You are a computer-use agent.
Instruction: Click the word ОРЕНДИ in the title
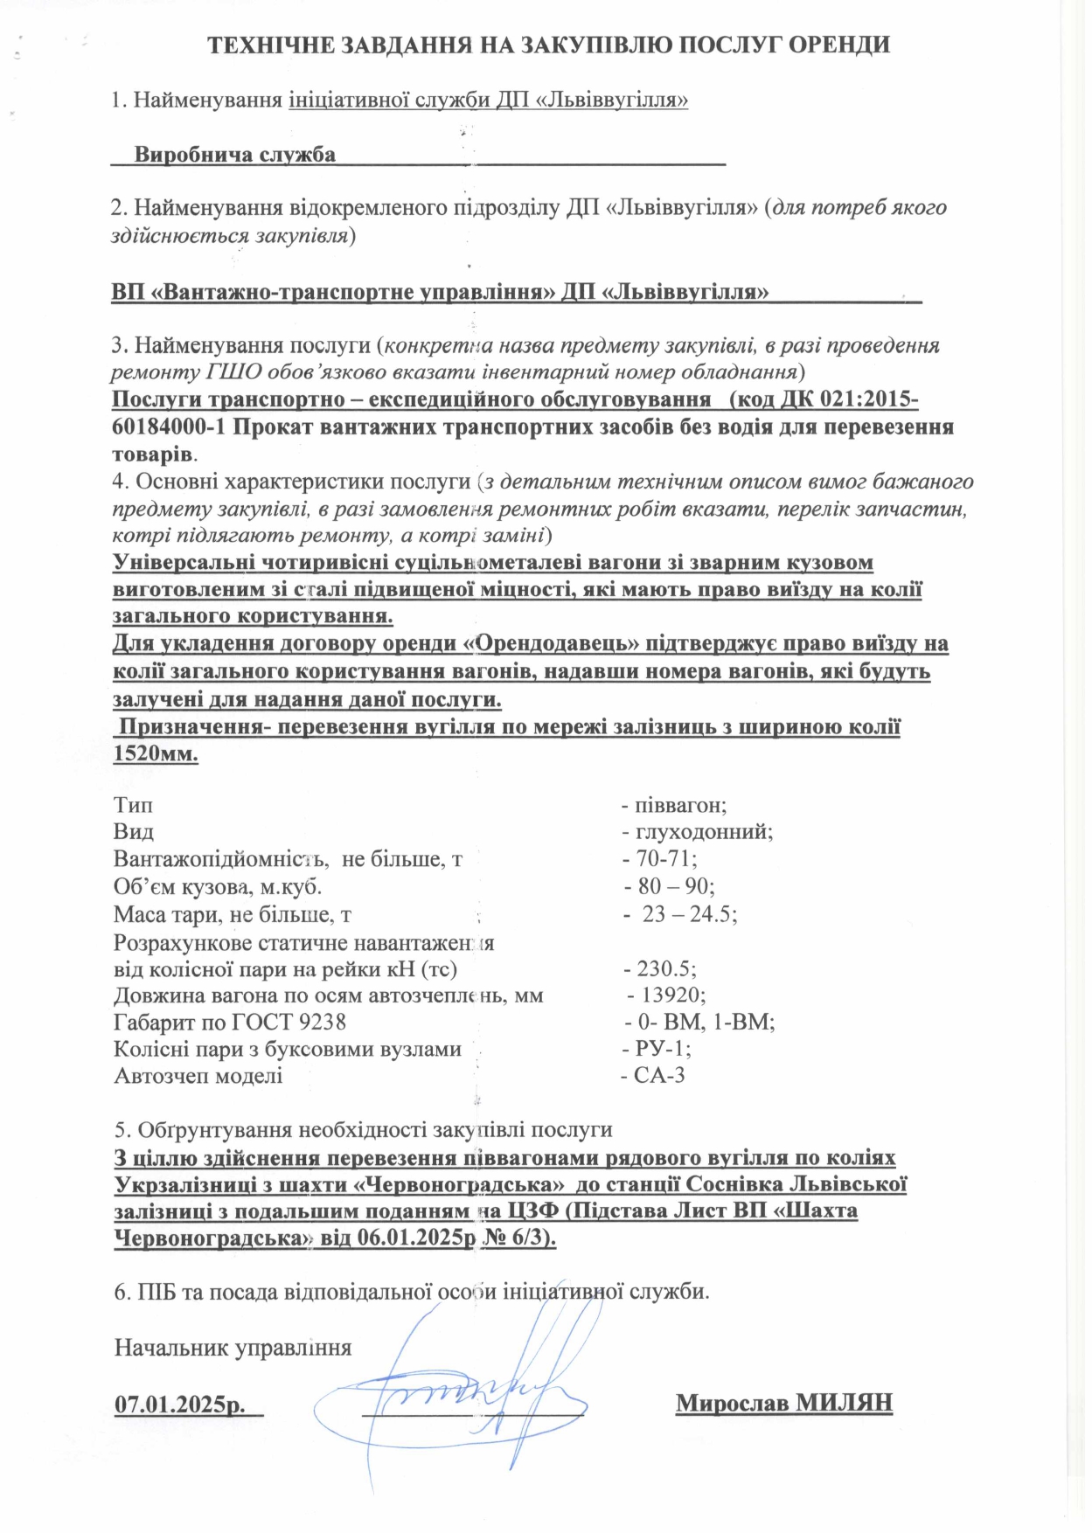[x=838, y=45]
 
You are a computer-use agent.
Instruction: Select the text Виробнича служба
[x=234, y=156]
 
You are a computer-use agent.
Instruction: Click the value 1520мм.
[x=156, y=754]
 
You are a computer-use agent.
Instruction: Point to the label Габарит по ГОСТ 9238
[x=230, y=1022]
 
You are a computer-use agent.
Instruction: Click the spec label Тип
[x=133, y=805]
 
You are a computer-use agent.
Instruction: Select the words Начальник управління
[x=233, y=1348]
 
